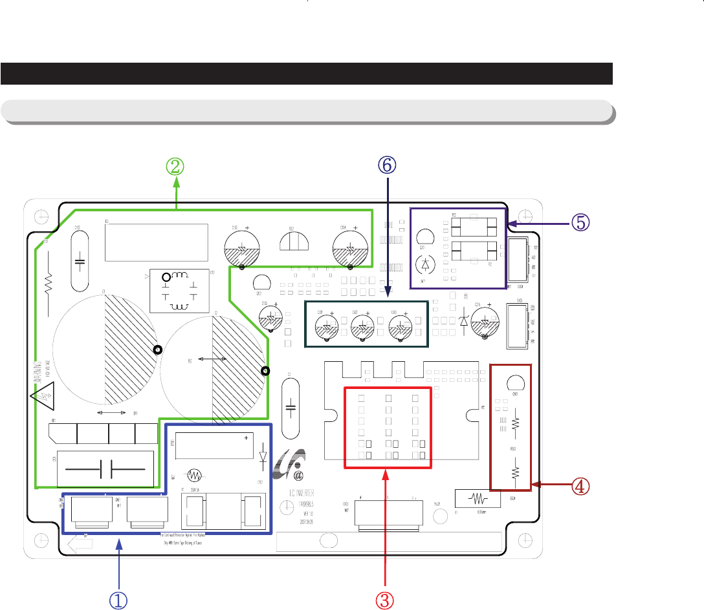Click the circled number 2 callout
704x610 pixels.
174,167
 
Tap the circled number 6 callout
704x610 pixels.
387,166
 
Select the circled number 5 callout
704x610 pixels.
579,222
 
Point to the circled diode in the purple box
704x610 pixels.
424,265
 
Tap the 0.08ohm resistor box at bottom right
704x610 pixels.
478,498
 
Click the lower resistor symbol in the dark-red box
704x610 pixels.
516,474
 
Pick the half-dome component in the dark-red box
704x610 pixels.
516,382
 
